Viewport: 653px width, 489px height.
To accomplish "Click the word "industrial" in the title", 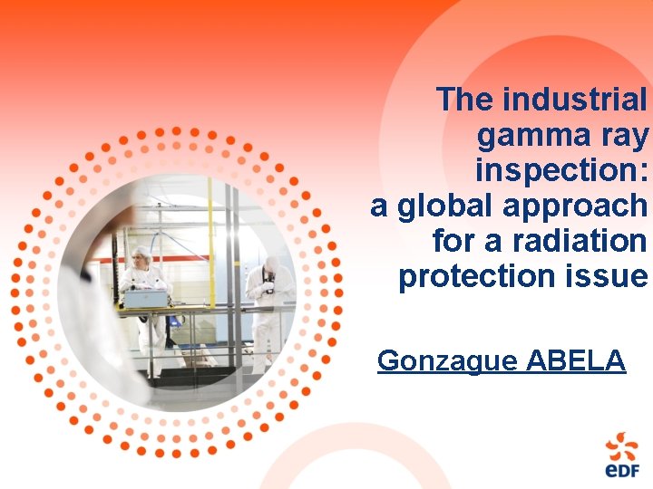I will click(x=575, y=100).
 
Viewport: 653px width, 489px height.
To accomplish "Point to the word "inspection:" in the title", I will click(x=561, y=170).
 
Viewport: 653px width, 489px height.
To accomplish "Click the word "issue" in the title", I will click(x=611, y=276).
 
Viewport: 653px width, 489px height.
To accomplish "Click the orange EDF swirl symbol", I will click(x=622, y=445).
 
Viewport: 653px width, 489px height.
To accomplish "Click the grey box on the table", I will click(x=146, y=298).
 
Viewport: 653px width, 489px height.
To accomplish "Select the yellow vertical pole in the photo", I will click(x=210, y=244).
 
